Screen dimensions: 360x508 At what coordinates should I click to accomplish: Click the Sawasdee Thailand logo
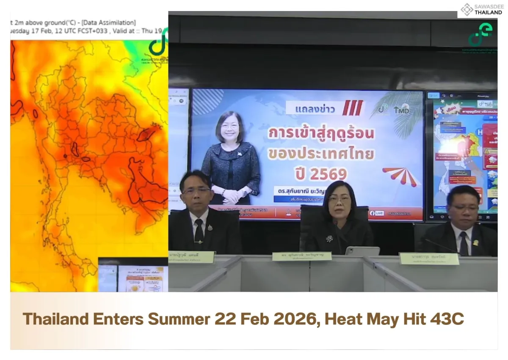pyautogui.click(x=481, y=9)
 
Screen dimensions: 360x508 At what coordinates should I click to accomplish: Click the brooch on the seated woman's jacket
pyautogui.click(x=329, y=239)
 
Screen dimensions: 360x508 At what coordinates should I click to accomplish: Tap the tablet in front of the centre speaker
pyautogui.click(x=362, y=251)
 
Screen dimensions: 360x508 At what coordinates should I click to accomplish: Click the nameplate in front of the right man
pyautogui.click(x=429, y=258)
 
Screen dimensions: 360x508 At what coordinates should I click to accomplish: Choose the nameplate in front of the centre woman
pyautogui.click(x=301, y=256)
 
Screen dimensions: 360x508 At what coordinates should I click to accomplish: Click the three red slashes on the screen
pyautogui.click(x=352, y=108)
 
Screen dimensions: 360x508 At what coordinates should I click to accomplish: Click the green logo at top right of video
pyautogui.click(x=480, y=35)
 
